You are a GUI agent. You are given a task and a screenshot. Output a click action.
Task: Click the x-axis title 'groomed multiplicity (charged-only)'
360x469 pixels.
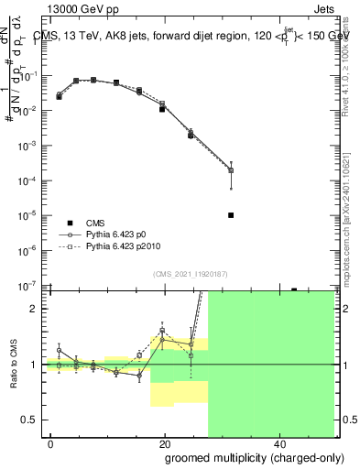[x=241, y=456]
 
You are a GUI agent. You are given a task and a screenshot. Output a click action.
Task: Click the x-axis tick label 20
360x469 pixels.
[x=165, y=442]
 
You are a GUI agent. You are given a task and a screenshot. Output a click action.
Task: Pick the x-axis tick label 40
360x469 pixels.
[x=279, y=442]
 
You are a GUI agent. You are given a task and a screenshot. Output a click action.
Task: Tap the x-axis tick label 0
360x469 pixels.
[x=50, y=442]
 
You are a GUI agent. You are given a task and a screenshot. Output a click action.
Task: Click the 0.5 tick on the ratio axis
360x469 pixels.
[x=30, y=420]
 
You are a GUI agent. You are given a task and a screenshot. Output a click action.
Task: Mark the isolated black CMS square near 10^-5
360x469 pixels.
[x=231, y=215]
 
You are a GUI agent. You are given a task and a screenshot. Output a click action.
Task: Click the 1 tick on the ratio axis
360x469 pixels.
[x=34, y=365]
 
